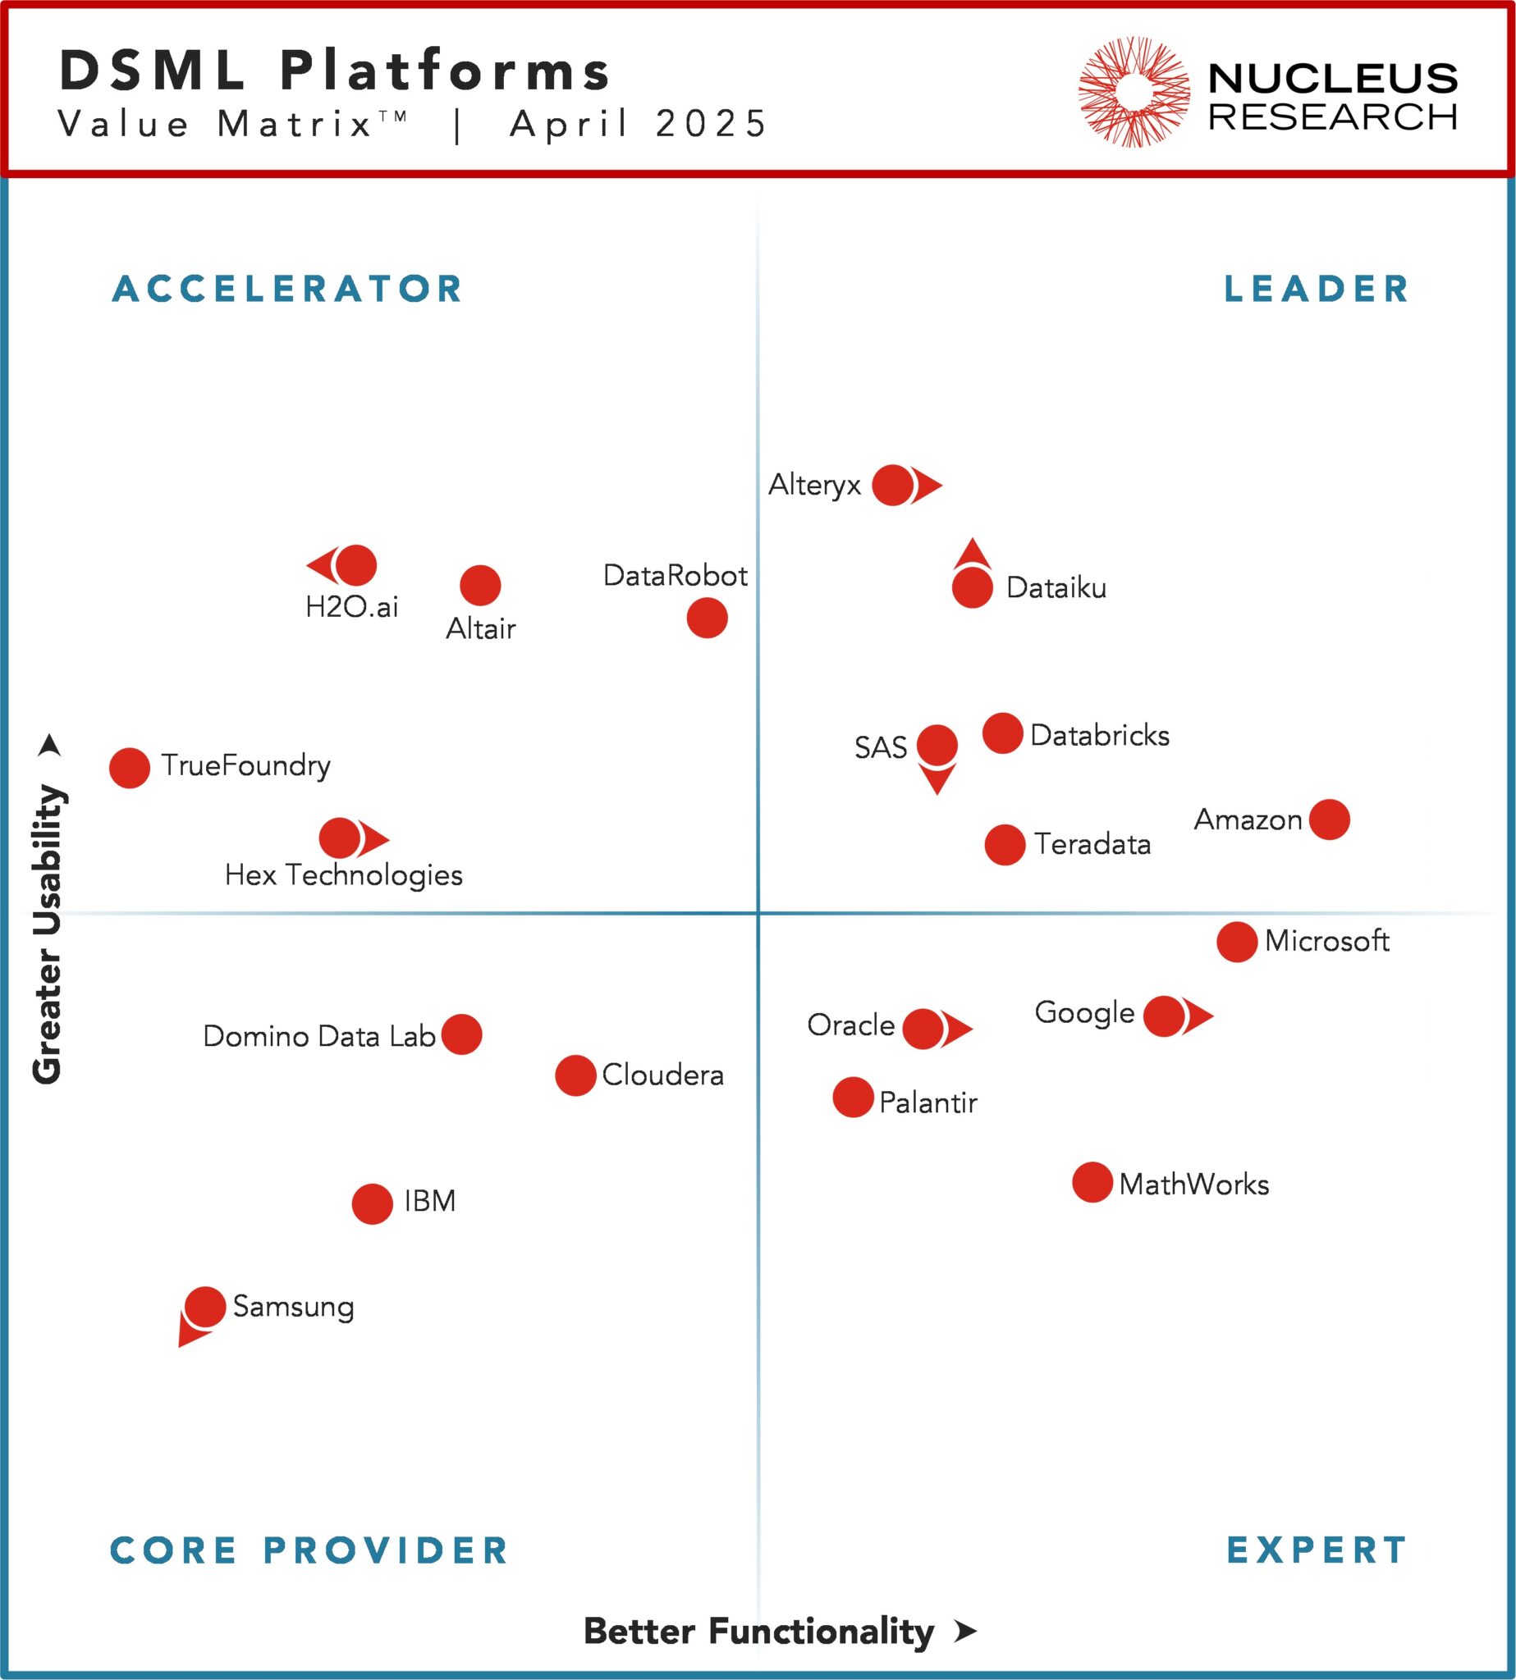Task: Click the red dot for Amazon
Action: click(x=1329, y=819)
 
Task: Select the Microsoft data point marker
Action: click(x=1236, y=942)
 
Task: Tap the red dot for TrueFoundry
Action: click(x=129, y=768)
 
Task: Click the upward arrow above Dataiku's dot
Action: click(x=972, y=554)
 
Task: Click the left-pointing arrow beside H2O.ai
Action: click(x=321, y=565)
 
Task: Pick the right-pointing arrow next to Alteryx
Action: click(x=927, y=485)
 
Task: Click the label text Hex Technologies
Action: click(x=343, y=875)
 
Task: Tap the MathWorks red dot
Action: click(x=1092, y=1182)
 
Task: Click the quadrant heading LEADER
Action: click(x=1316, y=289)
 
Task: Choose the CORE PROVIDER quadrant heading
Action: click(x=309, y=1550)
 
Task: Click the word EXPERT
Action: click(x=1316, y=1550)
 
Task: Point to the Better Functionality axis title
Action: click(x=758, y=1631)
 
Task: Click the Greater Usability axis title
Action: click(x=47, y=933)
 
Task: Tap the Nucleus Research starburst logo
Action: click(x=1134, y=91)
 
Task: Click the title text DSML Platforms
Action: click(x=335, y=70)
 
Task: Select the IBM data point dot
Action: click(x=372, y=1203)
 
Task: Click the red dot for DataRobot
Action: click(x=708, y=618)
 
